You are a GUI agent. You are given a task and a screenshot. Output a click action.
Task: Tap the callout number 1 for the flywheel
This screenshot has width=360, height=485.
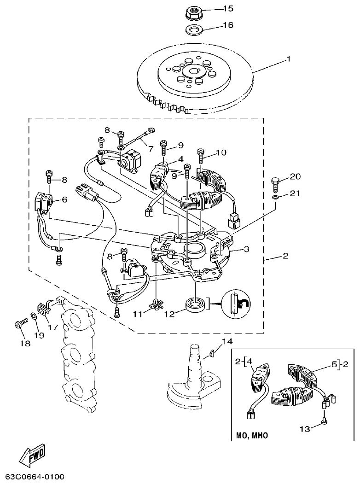tap(289, 59)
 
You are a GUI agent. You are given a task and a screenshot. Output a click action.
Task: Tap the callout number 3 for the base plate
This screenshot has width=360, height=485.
tap(247, 249)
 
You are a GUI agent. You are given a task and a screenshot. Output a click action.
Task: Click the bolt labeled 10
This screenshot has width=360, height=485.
tap(200, 156)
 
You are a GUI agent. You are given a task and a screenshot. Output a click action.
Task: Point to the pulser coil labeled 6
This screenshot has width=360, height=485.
tap(44, 201)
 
